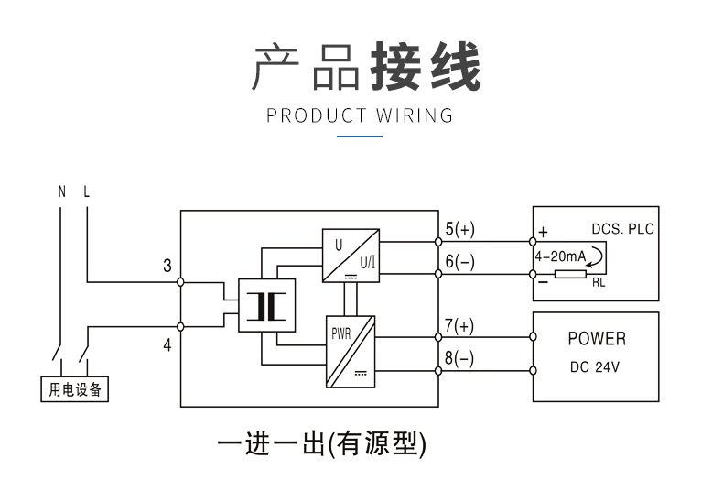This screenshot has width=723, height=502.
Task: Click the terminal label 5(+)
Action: pos(460,229)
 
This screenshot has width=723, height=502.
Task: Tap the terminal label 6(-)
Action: pos(460,262)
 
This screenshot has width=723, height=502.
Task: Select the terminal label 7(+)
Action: pos(460,326)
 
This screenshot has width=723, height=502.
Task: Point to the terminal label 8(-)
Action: pos(460,359)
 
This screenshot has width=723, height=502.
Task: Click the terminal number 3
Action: pos(167,267)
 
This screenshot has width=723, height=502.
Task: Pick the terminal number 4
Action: pos(167,346)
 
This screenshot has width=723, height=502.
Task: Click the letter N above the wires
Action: pos(62,192)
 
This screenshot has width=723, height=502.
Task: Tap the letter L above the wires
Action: pos(87,192)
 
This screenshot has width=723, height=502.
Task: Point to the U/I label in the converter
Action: pos(367,262)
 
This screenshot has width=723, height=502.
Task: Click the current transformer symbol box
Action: pos(267,305)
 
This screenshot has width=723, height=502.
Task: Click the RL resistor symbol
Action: pos(570,274)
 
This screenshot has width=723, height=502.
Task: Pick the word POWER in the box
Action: pos(597,339)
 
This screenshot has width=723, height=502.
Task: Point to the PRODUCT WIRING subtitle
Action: pos(360,115)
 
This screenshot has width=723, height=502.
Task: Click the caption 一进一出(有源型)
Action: pos(322,444)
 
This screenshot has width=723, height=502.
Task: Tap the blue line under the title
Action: pos(360,136)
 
